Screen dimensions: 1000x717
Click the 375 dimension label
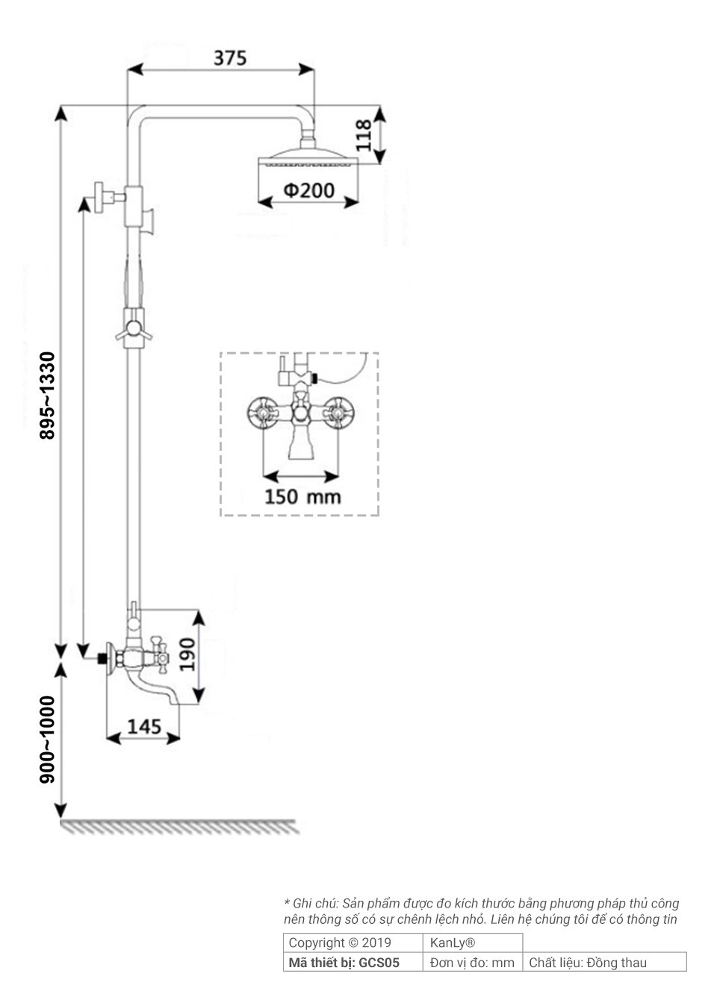coord(230,57)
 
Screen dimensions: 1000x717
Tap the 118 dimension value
coord(364,135)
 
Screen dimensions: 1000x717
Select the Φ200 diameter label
coord(308,190)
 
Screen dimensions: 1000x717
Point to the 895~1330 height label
coord(48,395)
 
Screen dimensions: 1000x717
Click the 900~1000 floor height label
coord(48,739)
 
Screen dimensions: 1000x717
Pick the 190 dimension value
coord(187,654)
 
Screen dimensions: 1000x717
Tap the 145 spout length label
coord(144,726)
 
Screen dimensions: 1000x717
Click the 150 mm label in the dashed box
coord(302,496)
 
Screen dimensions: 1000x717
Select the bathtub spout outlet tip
coord(175,699)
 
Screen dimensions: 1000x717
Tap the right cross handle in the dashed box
coord(337,410)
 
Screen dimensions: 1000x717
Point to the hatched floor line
coord(179,827)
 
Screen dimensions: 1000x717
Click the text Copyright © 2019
coord(340,943)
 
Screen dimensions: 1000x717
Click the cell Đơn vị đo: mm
coord(472,963)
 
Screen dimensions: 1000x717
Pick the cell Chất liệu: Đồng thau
coord(588,963)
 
